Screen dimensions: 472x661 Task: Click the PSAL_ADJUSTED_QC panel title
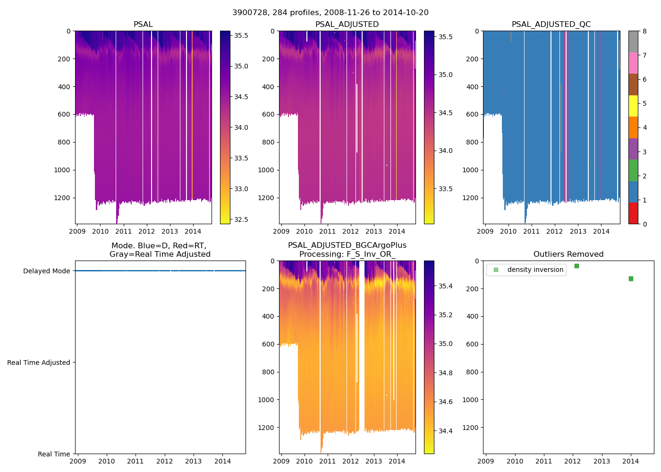[551, 25]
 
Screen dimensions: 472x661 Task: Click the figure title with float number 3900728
[330, 13]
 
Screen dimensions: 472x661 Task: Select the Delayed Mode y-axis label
[46, 271]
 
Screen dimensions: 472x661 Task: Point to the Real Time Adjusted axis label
[39, 362]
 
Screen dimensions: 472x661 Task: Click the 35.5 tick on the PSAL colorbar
[241, 35]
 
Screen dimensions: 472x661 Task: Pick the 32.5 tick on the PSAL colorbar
[241, 219]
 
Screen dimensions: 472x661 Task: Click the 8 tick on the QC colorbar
[644, 31]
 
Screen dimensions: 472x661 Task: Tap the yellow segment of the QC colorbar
[633, 106]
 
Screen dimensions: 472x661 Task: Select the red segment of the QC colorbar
[633, 213]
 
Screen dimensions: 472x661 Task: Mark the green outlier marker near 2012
[576, 266]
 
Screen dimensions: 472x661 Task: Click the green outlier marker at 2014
[631, 278]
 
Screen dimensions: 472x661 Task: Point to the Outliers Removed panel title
[568, 254]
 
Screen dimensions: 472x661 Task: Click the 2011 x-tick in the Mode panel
[136, 461]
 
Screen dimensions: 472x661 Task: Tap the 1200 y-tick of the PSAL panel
[62, 198]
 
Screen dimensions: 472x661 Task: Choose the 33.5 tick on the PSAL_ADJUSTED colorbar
[446, 189]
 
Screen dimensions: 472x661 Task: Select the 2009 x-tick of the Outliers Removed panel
[486, 461]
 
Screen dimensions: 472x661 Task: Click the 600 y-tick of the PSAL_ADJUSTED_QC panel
[472, 114]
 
